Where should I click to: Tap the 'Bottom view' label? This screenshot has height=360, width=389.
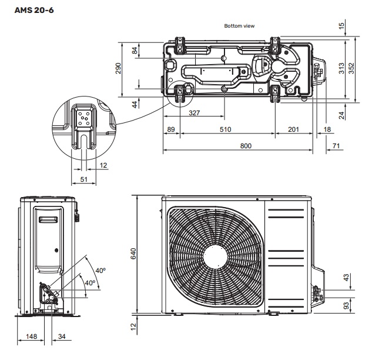(x=239, y=26)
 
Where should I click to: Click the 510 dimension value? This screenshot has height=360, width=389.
(x=225, y=129)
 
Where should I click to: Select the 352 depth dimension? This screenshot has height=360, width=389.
(x=352, y=68)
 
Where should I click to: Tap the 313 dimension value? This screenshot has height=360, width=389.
(x=341, y=68)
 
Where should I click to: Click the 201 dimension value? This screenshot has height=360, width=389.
(x=294, y=129)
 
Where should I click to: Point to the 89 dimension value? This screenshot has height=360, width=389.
(x=171, y=129)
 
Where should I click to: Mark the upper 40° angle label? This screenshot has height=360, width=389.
(x=100, y=270)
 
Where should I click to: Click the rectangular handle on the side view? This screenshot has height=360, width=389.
(x=49, y=220)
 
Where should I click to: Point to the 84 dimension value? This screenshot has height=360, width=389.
(x=135, y=51)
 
